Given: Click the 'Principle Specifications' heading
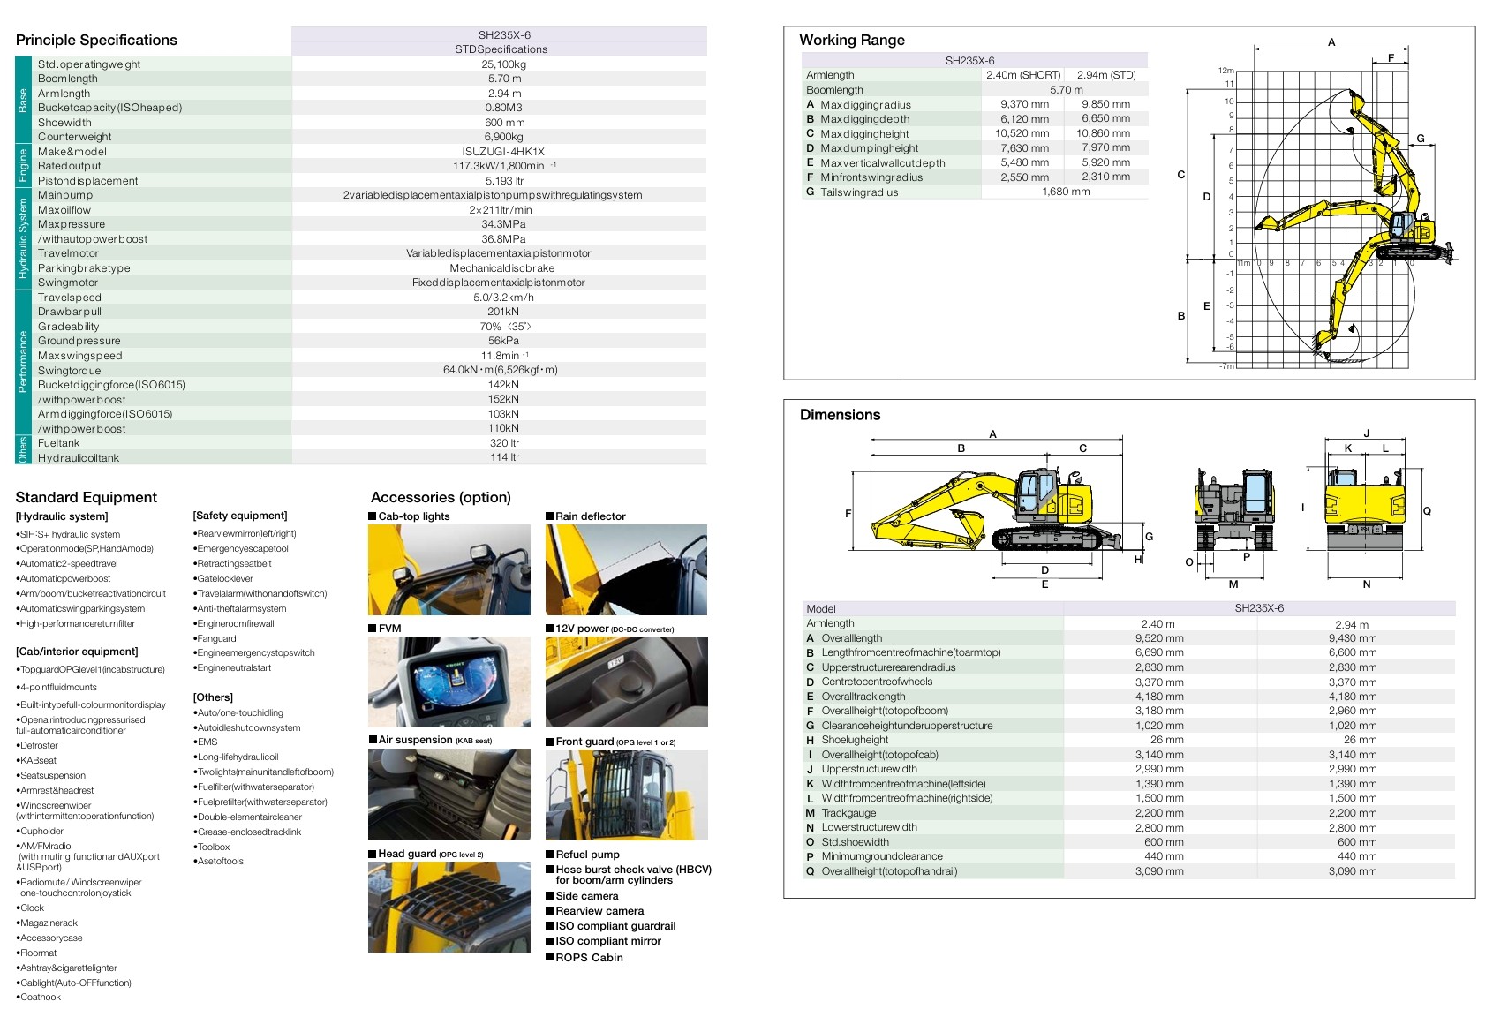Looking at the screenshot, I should pos(96,40).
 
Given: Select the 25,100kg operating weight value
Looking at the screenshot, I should pos(503,64).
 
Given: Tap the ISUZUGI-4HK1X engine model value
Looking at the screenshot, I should pos(503,152).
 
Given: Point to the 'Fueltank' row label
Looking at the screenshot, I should pos(59,443).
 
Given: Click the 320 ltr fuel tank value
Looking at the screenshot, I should pos(503,443).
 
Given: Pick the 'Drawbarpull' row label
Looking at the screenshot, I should pos(70,312).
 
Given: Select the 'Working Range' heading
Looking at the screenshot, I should pos(852,40).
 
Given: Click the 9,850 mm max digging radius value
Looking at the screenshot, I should pos(1105,104).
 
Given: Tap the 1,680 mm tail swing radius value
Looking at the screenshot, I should pos(1066,192).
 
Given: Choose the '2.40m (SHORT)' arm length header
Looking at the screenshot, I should pos(1023,75).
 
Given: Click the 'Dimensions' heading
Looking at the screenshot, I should pos(840,415).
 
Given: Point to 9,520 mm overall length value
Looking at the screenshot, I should pos(1159,638).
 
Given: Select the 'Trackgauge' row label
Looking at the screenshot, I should pos(848,813).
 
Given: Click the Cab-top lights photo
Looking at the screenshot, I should pos(449,570).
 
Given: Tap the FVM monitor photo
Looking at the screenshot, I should pos(449,682).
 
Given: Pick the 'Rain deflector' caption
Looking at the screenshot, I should pos(590,516).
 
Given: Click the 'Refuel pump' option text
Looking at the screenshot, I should pos(587,855).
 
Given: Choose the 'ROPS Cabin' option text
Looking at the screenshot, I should pos(589,958).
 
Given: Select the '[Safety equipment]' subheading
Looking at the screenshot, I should pos(240,516).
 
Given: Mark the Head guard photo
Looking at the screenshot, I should pos(449,908).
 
